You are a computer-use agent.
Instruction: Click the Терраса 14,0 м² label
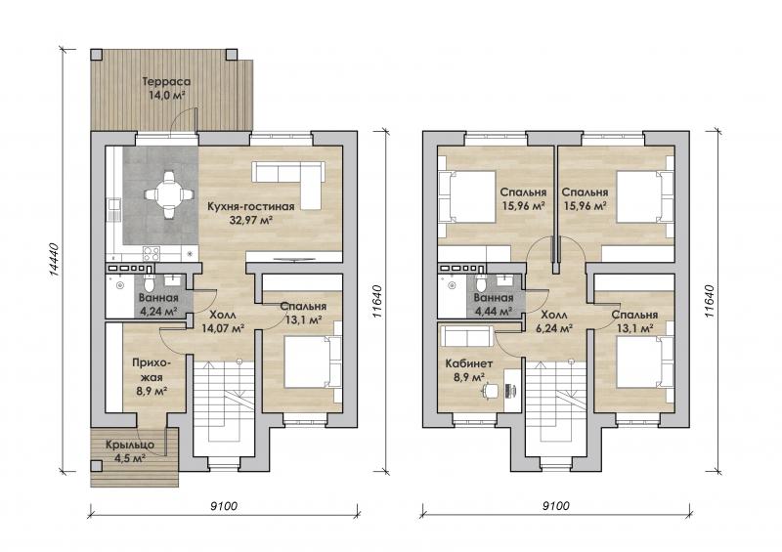[166, 88]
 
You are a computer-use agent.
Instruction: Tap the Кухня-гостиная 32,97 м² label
[251, 213]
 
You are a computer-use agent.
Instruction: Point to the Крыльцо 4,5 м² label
[130, 450]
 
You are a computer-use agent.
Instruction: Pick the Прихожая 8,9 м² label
[151, 376]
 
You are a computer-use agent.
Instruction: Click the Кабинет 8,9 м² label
[469, 370]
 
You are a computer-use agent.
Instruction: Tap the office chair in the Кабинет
[490, 390]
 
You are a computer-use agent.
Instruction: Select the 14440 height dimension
[55, 259]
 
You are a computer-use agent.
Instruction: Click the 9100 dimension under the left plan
[224, 506]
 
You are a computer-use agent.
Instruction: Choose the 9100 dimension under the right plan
[555, 506]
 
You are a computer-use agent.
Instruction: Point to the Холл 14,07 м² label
[223, 321]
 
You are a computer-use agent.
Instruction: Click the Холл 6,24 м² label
[555, 321]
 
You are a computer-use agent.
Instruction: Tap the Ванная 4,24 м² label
[158, 305]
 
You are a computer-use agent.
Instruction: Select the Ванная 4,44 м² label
[494, 305]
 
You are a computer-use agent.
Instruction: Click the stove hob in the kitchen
[152, 254]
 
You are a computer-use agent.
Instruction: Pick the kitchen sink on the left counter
[114, 210]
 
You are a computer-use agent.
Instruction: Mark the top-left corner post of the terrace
[97, 55]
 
